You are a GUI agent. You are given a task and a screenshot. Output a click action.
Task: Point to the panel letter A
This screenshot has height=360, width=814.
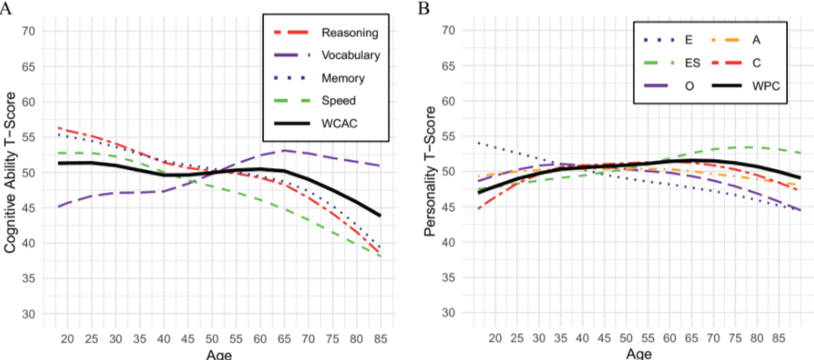8,8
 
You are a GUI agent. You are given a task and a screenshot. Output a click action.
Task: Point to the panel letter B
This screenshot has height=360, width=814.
425,8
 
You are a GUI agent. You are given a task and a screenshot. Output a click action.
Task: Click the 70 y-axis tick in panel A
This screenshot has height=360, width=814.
28,31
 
